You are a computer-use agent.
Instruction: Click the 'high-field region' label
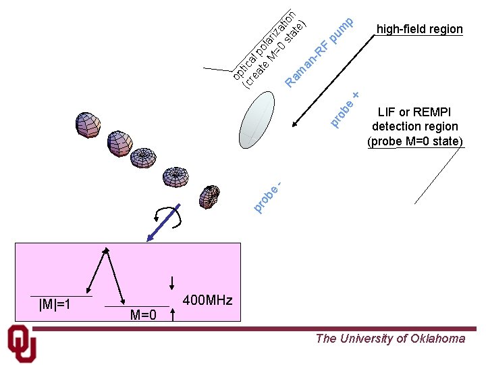coord(419,29)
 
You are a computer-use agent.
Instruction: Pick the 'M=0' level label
coord(143,315)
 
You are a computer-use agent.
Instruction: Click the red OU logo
coord(22,344)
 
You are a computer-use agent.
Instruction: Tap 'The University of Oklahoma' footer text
coord(390,339)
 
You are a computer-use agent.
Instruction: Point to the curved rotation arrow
coord(167,215)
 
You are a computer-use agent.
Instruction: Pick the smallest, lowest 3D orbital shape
coord(210,196)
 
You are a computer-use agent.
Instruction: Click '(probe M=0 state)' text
coord(415,141)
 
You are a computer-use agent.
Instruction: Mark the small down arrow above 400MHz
coord(173,282)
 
